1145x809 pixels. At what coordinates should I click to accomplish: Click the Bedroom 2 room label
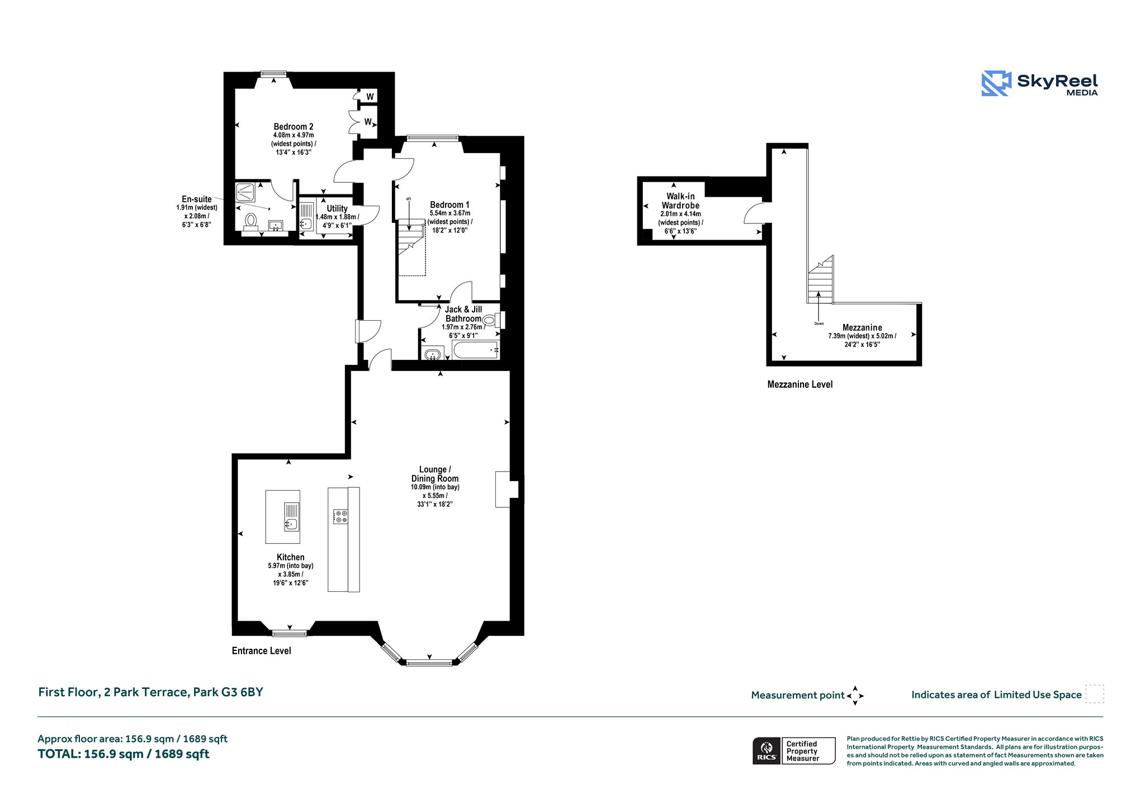coord(294,127)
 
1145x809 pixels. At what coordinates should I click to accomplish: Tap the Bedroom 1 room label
coord(450,205)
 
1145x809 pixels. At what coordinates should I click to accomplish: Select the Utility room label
coord(337,208)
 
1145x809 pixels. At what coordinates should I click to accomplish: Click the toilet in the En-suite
coord(251,221)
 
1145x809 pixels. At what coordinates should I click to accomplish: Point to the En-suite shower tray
coord(246,192)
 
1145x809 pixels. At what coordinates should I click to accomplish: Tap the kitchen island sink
coord(291,517)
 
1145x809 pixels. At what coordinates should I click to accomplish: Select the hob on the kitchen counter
coord(340,517)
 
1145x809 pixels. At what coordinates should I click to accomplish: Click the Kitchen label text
coord(291,557)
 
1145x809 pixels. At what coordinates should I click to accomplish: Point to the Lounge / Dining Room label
coord(435,474)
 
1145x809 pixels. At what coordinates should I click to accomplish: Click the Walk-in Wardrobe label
coord(680,201)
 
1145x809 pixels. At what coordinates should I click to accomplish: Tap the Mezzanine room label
coord(862,327)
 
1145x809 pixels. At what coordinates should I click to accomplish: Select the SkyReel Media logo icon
coord(996,84)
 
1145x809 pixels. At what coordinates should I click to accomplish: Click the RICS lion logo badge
coord(767,751)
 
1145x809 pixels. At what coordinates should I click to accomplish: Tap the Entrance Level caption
coord(262,651)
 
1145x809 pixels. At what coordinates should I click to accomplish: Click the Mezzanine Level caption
coord(800,384)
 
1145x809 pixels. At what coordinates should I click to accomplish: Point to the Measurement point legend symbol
coord(855,696)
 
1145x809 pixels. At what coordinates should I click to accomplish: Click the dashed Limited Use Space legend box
coord(1095,694)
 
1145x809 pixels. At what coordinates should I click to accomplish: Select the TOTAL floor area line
coord(124,754)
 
